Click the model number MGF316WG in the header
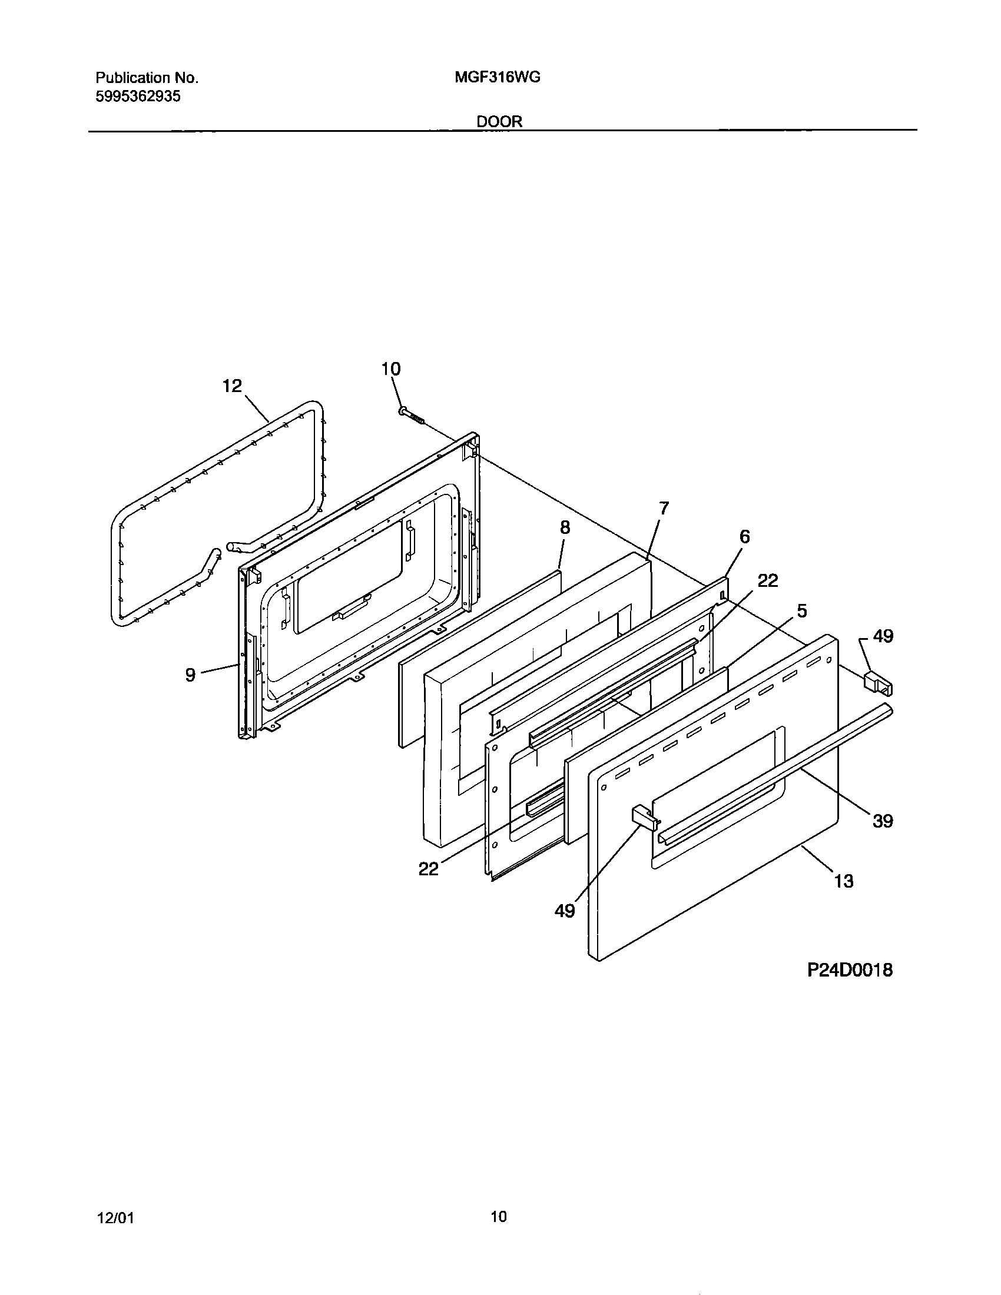[497, 77]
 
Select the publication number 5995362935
[138, 97]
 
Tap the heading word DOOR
[499, 122]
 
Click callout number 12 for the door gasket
[232, 386]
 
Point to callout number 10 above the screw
[390, 369]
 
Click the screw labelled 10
[412, 416]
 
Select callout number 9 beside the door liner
[190, 675]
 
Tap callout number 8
[565, 527]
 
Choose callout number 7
[664, 508]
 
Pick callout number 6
[744, 537]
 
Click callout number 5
[801, 611]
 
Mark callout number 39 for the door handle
[883, 821]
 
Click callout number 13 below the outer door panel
[843, 898]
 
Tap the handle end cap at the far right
[877, 682]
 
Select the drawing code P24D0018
[849, 970]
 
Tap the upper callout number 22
[767, 580]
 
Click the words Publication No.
[147, 78]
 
